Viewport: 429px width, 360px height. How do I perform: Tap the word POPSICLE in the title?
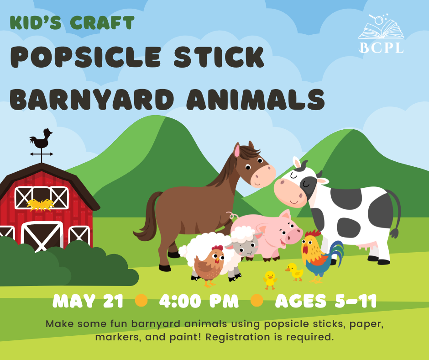pyautogui.click(x=86, y=57)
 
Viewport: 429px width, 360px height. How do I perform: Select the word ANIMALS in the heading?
pyautogui.click(x=256, y=99)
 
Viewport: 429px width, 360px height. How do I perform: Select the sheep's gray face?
pyautogui.click(x=246, y=246)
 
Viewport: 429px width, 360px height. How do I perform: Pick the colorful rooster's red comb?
pyautogui.click(x=313, y=234)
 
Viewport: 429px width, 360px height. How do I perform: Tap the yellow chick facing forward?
pyautogui.click(x=270, y=280)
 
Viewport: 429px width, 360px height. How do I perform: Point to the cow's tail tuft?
pyautogui.click(x=394, y=233)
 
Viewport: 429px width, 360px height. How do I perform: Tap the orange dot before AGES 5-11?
pyautogui.click(x=256, y=301)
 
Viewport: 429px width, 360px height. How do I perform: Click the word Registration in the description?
pyautogui.click(x=238, y=337)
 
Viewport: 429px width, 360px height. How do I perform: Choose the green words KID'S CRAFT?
pyautogui.click(x=72, y=22)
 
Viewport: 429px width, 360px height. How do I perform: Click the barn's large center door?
pyautogui.click(x=42, y=236)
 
